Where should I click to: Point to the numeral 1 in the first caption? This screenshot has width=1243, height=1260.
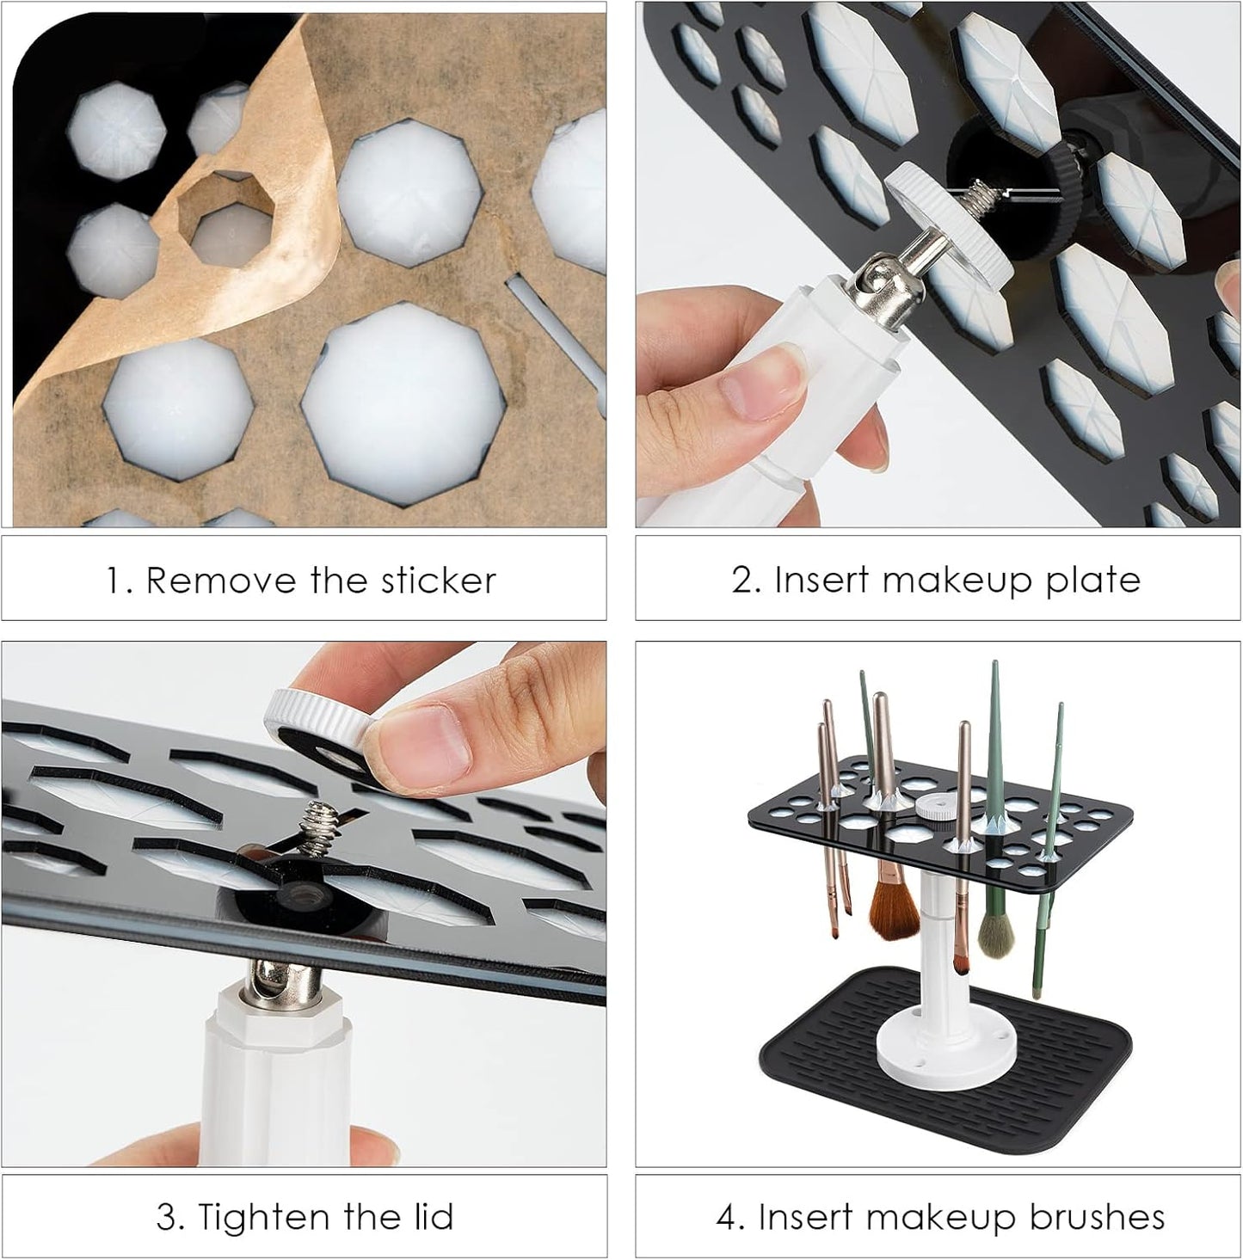pos(114,581)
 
